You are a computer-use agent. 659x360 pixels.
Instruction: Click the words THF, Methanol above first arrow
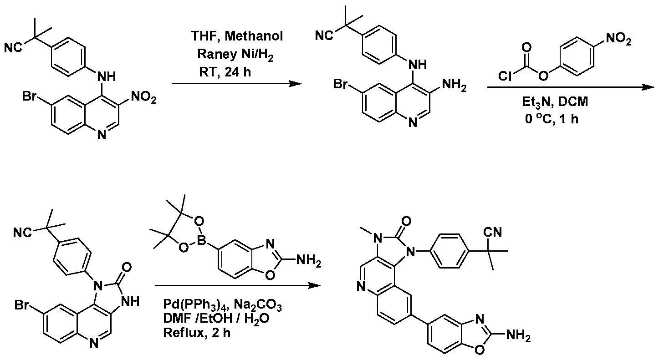237,36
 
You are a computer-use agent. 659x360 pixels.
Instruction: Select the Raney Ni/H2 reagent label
235,55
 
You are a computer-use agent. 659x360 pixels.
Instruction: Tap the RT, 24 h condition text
225,72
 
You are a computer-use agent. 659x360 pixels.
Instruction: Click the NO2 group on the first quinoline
143,97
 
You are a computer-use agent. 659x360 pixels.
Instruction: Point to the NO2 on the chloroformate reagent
618,39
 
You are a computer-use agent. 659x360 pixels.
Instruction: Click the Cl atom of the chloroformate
505,76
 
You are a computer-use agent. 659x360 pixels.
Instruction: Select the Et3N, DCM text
555,102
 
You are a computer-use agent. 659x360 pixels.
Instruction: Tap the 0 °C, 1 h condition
552,119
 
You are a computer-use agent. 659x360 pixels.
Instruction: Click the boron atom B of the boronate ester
201,241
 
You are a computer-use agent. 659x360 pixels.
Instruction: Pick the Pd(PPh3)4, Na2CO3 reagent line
222,305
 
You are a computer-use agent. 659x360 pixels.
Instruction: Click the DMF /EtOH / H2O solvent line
216,319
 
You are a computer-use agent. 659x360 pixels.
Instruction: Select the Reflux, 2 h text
197,333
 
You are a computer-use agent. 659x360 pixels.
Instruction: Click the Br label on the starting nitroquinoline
30,96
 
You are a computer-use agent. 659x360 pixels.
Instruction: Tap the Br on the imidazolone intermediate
22,305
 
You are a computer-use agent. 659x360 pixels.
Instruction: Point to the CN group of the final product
493,233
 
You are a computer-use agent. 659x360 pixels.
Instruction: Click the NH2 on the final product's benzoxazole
518,335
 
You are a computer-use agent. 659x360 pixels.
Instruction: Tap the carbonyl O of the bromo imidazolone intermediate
127,268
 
